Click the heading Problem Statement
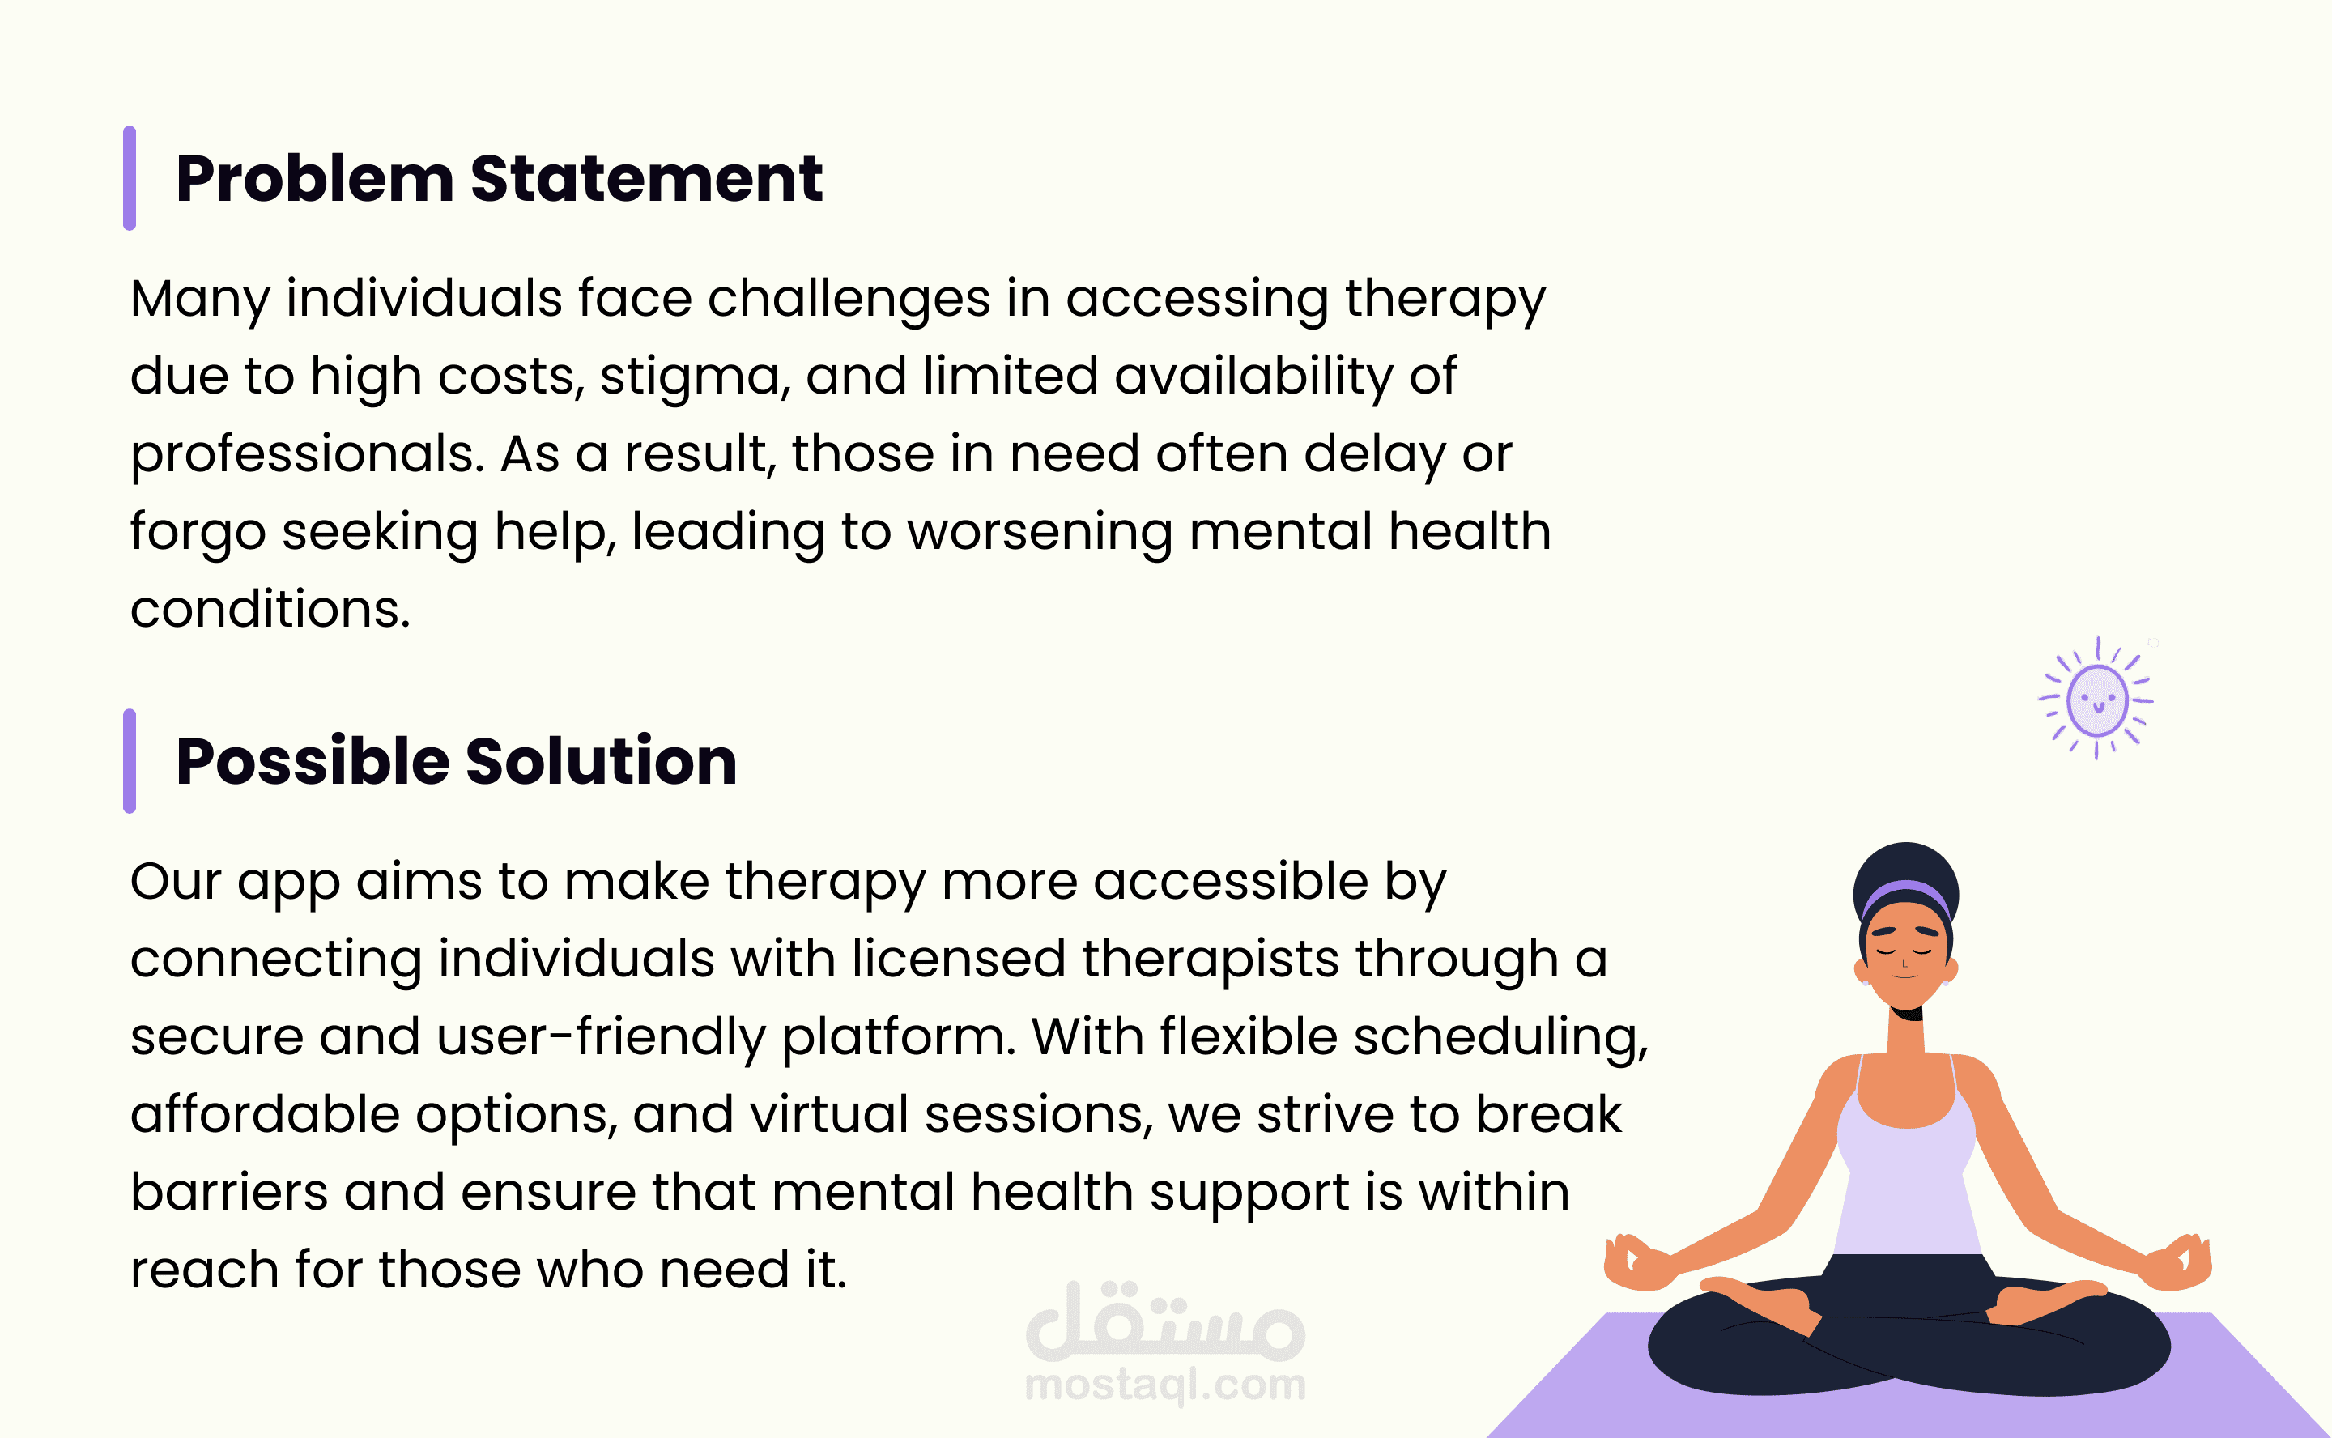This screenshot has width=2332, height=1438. [500, 179]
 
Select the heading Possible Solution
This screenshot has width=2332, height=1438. [457, 761]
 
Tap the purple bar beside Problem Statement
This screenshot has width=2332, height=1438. [130, 178]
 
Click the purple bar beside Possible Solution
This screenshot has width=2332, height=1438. [130, 761]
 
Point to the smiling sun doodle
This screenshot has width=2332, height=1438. [2097, 698]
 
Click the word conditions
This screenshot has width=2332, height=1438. [270, 610]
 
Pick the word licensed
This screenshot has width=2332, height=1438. [959, 959]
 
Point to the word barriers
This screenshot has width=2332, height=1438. [229, 1193]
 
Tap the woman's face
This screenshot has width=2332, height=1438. [1905, 955]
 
